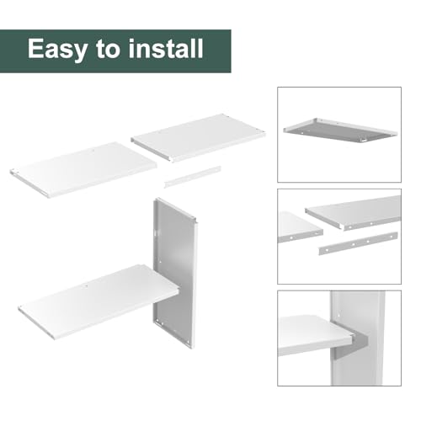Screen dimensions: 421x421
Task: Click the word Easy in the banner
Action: coord(57,49)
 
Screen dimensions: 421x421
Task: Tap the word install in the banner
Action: coord(166,48)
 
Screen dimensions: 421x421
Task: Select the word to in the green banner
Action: coord(108,49)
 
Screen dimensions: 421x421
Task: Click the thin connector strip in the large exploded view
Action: coord(193,177)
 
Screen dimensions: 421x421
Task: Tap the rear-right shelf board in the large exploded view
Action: coord(198,137)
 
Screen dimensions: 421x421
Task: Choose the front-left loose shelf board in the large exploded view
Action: coord(83,169)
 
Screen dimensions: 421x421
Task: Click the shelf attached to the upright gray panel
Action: coord(99,301)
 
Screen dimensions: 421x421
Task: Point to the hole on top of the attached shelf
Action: coord(87,286)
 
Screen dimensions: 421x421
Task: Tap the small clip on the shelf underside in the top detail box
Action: coord(364,139)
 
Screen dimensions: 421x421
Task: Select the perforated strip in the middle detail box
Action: coord(358,243)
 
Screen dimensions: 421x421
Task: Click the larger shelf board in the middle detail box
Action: coord(354,212)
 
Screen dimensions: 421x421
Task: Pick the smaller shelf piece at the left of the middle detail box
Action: coord(300,227)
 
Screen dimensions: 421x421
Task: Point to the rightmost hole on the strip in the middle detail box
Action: coord(391,237)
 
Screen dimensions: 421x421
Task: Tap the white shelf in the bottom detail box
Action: coord(314,335)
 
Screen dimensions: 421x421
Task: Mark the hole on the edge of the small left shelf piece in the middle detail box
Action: coord(291,238)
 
